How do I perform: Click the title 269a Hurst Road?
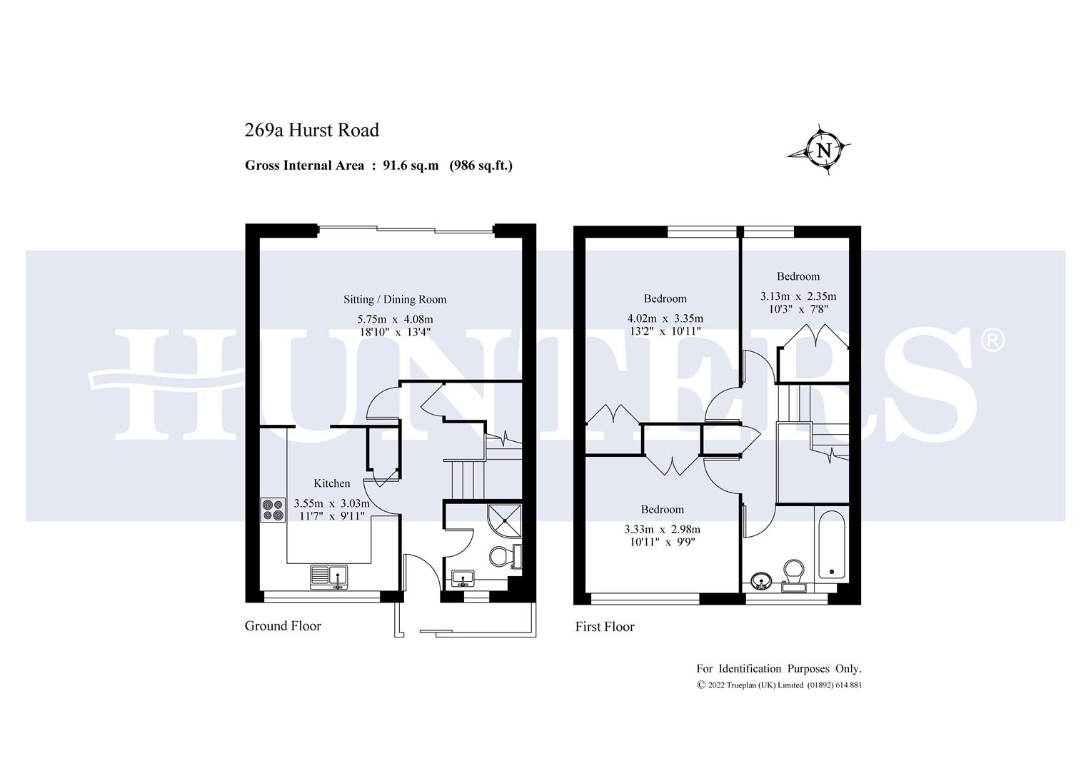click(311, 130)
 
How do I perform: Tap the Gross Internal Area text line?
click(378, 166)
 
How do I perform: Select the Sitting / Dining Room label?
click(395, 299)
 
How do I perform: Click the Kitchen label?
click(332, 483)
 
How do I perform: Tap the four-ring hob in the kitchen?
click(273, 509)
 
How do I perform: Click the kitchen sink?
click(328, 575)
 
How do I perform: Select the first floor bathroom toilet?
click(793, 575)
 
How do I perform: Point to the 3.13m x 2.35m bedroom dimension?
click(798, 296)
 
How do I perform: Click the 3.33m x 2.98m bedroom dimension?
click(662, 530)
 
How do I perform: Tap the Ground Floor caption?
click(283, 626)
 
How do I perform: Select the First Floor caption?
click(605, 627)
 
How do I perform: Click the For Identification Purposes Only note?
click(779, 669)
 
